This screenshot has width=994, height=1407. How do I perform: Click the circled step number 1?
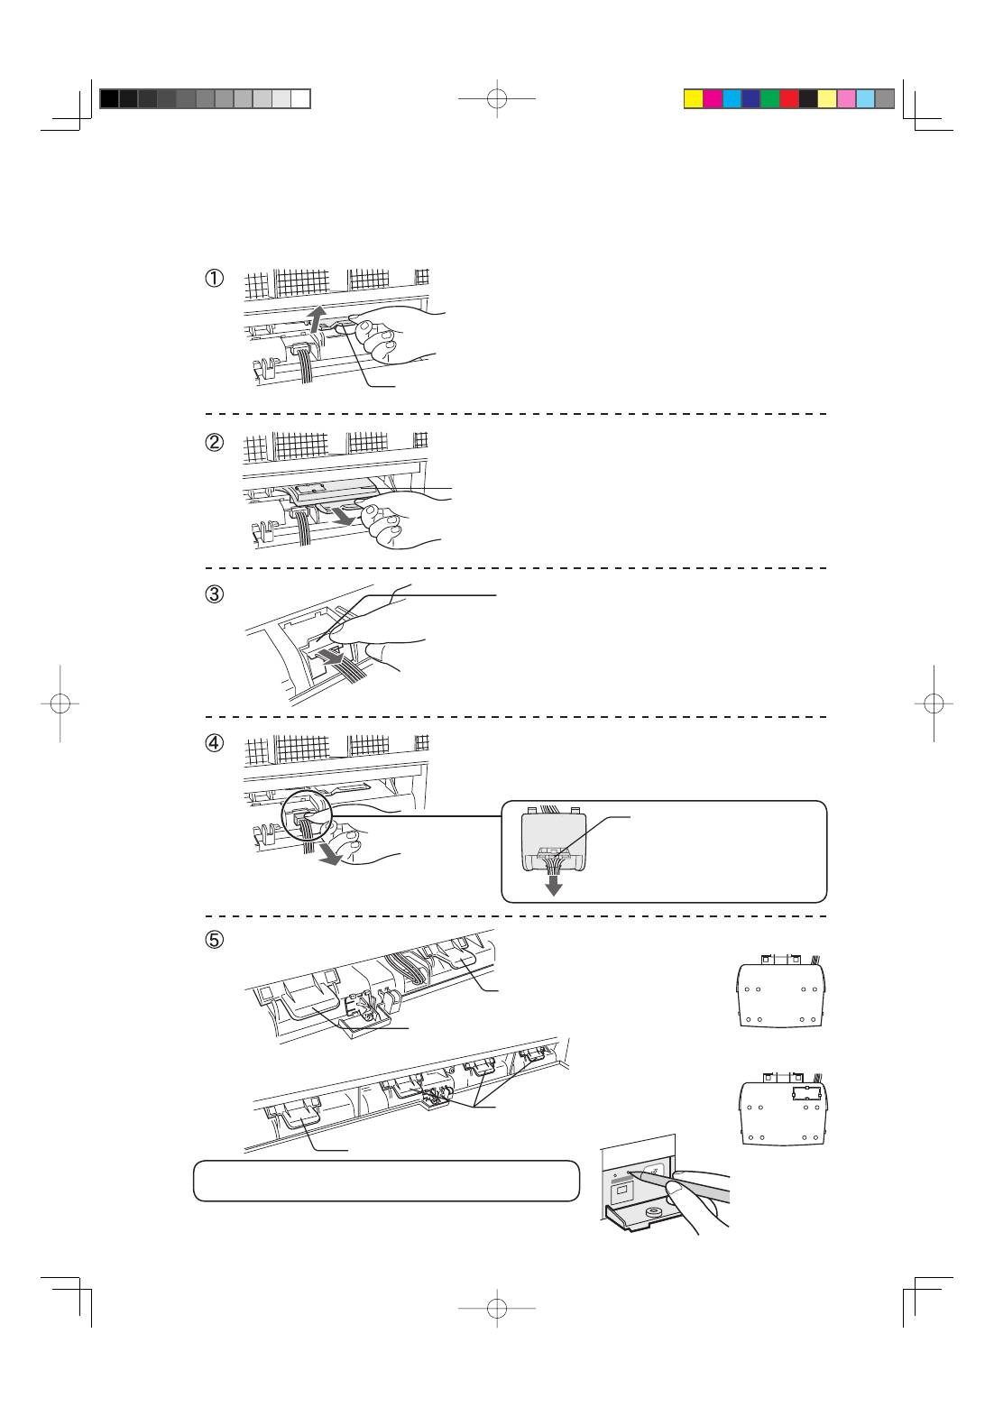click(x=214, y=279)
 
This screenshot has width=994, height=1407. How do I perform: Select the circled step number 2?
click(x=214, y=443)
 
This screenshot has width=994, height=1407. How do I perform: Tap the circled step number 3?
click(x=214, y=594)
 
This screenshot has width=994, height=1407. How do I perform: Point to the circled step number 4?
click(x=214, y=744)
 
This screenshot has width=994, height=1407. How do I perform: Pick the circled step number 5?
click(x=214, y=939)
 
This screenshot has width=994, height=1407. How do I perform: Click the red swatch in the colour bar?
click(x=788, y=99)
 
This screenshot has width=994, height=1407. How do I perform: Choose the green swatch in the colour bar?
click(x=769, y=99)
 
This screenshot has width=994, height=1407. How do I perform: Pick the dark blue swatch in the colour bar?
click(x=750, y=99)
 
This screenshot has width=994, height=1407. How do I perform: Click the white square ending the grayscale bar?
click(x=301, y=99)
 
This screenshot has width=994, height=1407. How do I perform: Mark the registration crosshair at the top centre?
click(x=497, y=99)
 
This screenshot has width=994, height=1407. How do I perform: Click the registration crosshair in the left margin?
click(x=60, y=703)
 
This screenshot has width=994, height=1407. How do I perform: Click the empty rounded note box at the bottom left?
click(x=386, y=1181)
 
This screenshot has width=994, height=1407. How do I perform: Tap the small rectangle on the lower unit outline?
click(x=805, y=1093)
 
